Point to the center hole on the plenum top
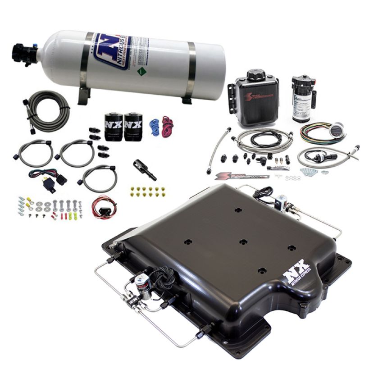[x=243, y=242]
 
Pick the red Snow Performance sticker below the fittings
[x=234, y=176]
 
